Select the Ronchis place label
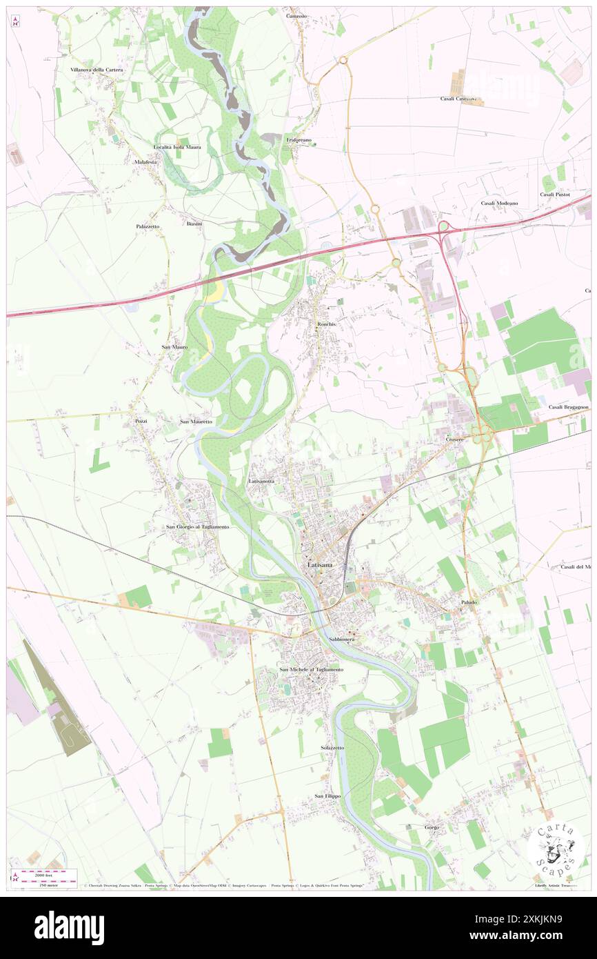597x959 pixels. coord(326,324)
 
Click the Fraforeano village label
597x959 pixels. coord(299,140)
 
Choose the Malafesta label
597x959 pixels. coord(145,161)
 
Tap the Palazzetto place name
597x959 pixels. coord(148,226)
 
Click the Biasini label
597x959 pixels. coord(194,224)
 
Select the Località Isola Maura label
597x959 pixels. coord(177,147)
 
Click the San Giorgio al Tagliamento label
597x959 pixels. coord(197,526)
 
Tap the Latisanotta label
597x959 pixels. coord(261,480)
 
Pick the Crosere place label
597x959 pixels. coord(454,439)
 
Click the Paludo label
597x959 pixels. coord(469,602)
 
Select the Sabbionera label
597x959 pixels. coord(342,640)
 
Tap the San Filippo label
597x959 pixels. coord(328,796)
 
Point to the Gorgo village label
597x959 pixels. coord(432,827)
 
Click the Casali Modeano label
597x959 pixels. coord(500,204)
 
